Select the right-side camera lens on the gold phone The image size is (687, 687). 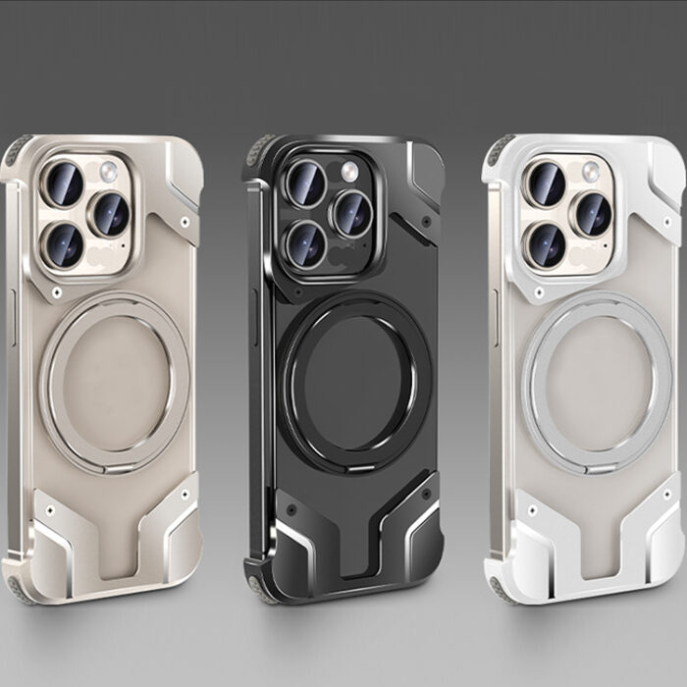(x=110, y=213)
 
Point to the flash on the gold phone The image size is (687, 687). (x=108, y=172)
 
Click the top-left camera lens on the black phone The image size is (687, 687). (x=305, y=184)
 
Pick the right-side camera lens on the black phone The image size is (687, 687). (x=350, y=213)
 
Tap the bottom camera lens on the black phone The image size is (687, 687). (x=308, y=241)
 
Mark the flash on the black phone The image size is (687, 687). (x=349, y=172)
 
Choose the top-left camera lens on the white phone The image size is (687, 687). (x=547, y=184)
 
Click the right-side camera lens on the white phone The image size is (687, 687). (x=592, y=213)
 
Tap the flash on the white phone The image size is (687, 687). (x=591, y=172)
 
